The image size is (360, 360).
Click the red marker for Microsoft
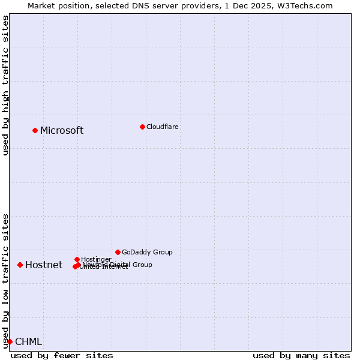pos(35,130)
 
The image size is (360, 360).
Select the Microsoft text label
pos(62,131)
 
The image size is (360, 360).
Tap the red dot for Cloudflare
pos(142,127)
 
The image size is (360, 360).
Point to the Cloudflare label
pos(162,127)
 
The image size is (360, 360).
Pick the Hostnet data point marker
pos(20,265)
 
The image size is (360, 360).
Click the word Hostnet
pos(44,265)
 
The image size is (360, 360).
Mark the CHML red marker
pos(10,341)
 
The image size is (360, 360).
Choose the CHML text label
pos(29,342)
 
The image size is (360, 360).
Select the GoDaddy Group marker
pos(118,252)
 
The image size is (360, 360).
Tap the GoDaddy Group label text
pos(147,252)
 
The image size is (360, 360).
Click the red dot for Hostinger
pos(77,259)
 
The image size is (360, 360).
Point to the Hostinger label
pos(96,259)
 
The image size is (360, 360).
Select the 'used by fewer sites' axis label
pos(62,355)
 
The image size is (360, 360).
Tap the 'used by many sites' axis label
pos(301,355)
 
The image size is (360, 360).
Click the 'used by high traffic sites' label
pos(5,85)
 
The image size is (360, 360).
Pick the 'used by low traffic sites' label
pos(5,281)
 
